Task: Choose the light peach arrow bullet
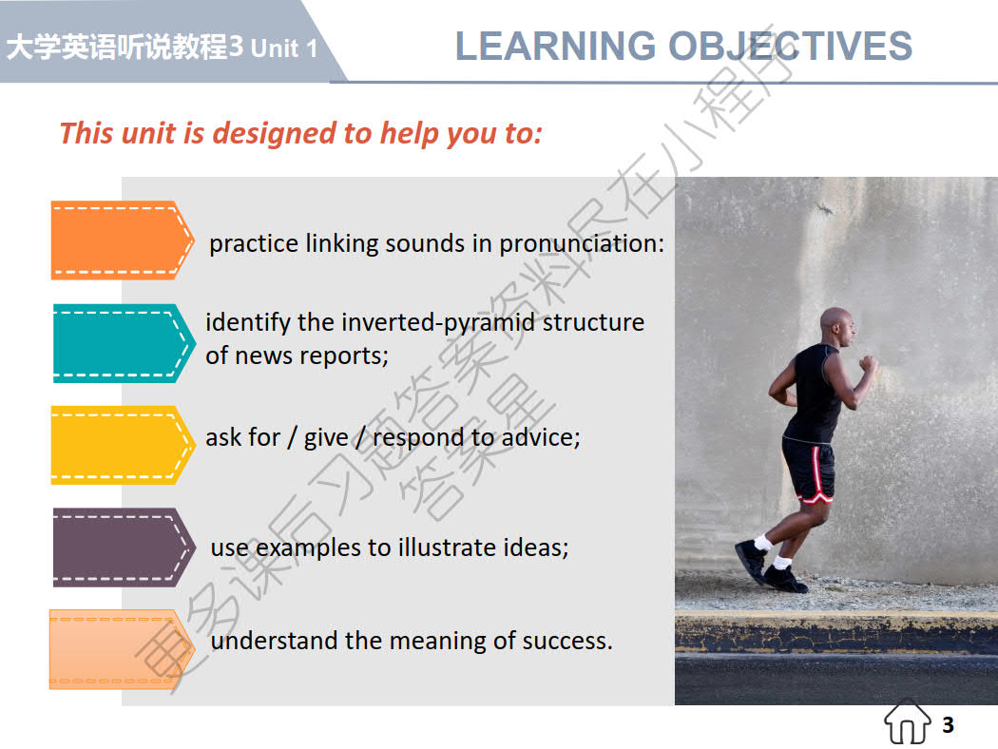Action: [119, 648]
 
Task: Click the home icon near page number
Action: [908, 723]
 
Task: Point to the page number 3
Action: [948, 725]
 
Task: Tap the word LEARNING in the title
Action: [555, 47]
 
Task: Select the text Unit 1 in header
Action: [284, 48]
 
